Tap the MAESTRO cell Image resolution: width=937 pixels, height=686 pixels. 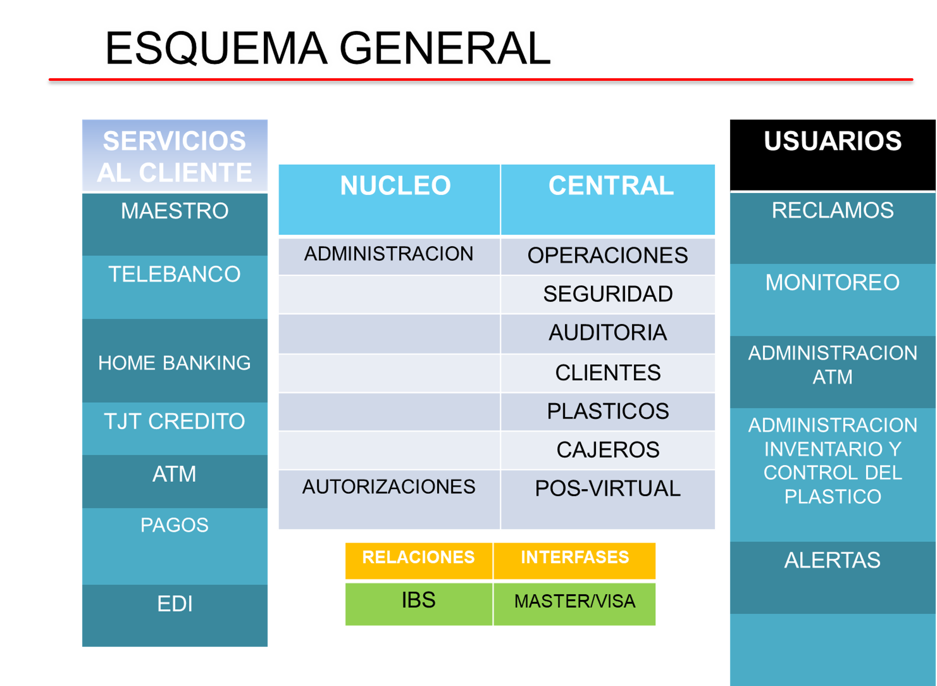(x=175, y=224)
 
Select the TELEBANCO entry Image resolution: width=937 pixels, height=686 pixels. (x=175, y=287)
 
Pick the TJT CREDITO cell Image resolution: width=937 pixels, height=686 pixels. (x=175, y=429)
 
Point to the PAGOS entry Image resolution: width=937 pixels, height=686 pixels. (x=175, y=546)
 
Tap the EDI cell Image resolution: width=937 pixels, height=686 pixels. (x=175, y=616)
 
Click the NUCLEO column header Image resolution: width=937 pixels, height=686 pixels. (x=389, y=200)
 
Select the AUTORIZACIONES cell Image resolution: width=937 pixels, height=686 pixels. (x=389, y=499)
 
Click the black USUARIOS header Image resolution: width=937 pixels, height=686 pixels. (x=833, y=155)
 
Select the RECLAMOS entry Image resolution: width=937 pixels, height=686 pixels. (x=833, y=228)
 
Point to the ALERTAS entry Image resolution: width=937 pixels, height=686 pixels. (x=833, y=578)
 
